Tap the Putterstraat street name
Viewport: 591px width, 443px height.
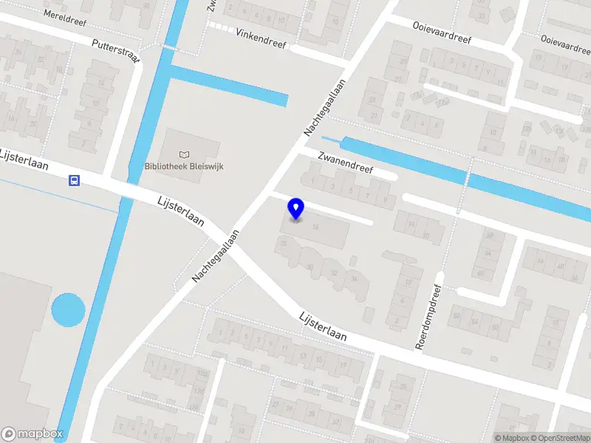117,52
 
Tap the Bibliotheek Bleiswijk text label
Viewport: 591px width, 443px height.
184,166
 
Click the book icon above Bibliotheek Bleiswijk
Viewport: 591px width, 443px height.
184,154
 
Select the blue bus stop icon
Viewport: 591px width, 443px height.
75,180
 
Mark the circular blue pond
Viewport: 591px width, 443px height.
68,310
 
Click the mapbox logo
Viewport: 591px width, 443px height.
33,434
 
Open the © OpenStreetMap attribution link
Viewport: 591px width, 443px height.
560,438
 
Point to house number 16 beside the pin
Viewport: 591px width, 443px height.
315,227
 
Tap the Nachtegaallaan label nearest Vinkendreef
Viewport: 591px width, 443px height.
325,108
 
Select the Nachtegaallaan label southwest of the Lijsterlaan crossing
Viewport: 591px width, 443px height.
216,255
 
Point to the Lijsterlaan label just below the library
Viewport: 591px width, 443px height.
181,211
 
